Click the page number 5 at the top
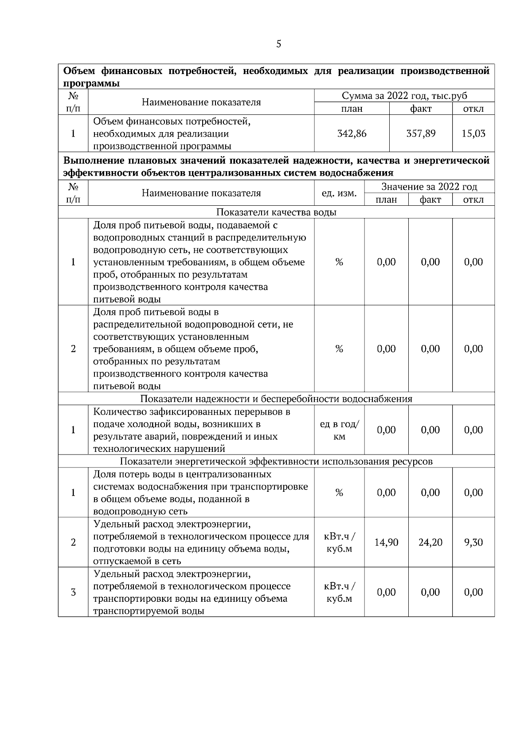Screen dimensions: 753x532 coord(278,44)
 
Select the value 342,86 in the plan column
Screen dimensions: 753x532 coord(352,133)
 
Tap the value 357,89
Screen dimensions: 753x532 coord(421,133)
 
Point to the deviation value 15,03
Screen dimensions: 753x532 coord(473,133)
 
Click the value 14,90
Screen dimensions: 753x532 coord(386,542)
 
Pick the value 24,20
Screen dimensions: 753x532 coord(430,542)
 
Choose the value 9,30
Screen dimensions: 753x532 coord(473,542)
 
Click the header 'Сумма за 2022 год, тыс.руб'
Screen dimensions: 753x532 coord(404,96)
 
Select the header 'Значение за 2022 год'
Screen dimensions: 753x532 coord(429,187)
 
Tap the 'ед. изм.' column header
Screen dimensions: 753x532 coord(339,193)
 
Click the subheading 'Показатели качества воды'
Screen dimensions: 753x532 coord(276,212)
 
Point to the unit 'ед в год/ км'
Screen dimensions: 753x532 coord(339,430)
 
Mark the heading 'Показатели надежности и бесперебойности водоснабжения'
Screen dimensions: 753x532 coord(276,399)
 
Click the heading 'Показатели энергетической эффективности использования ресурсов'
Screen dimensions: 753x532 coord(276,461)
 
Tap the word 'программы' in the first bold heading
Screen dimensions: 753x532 coord(91,83)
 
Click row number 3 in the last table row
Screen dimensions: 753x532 coord(73,592)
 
